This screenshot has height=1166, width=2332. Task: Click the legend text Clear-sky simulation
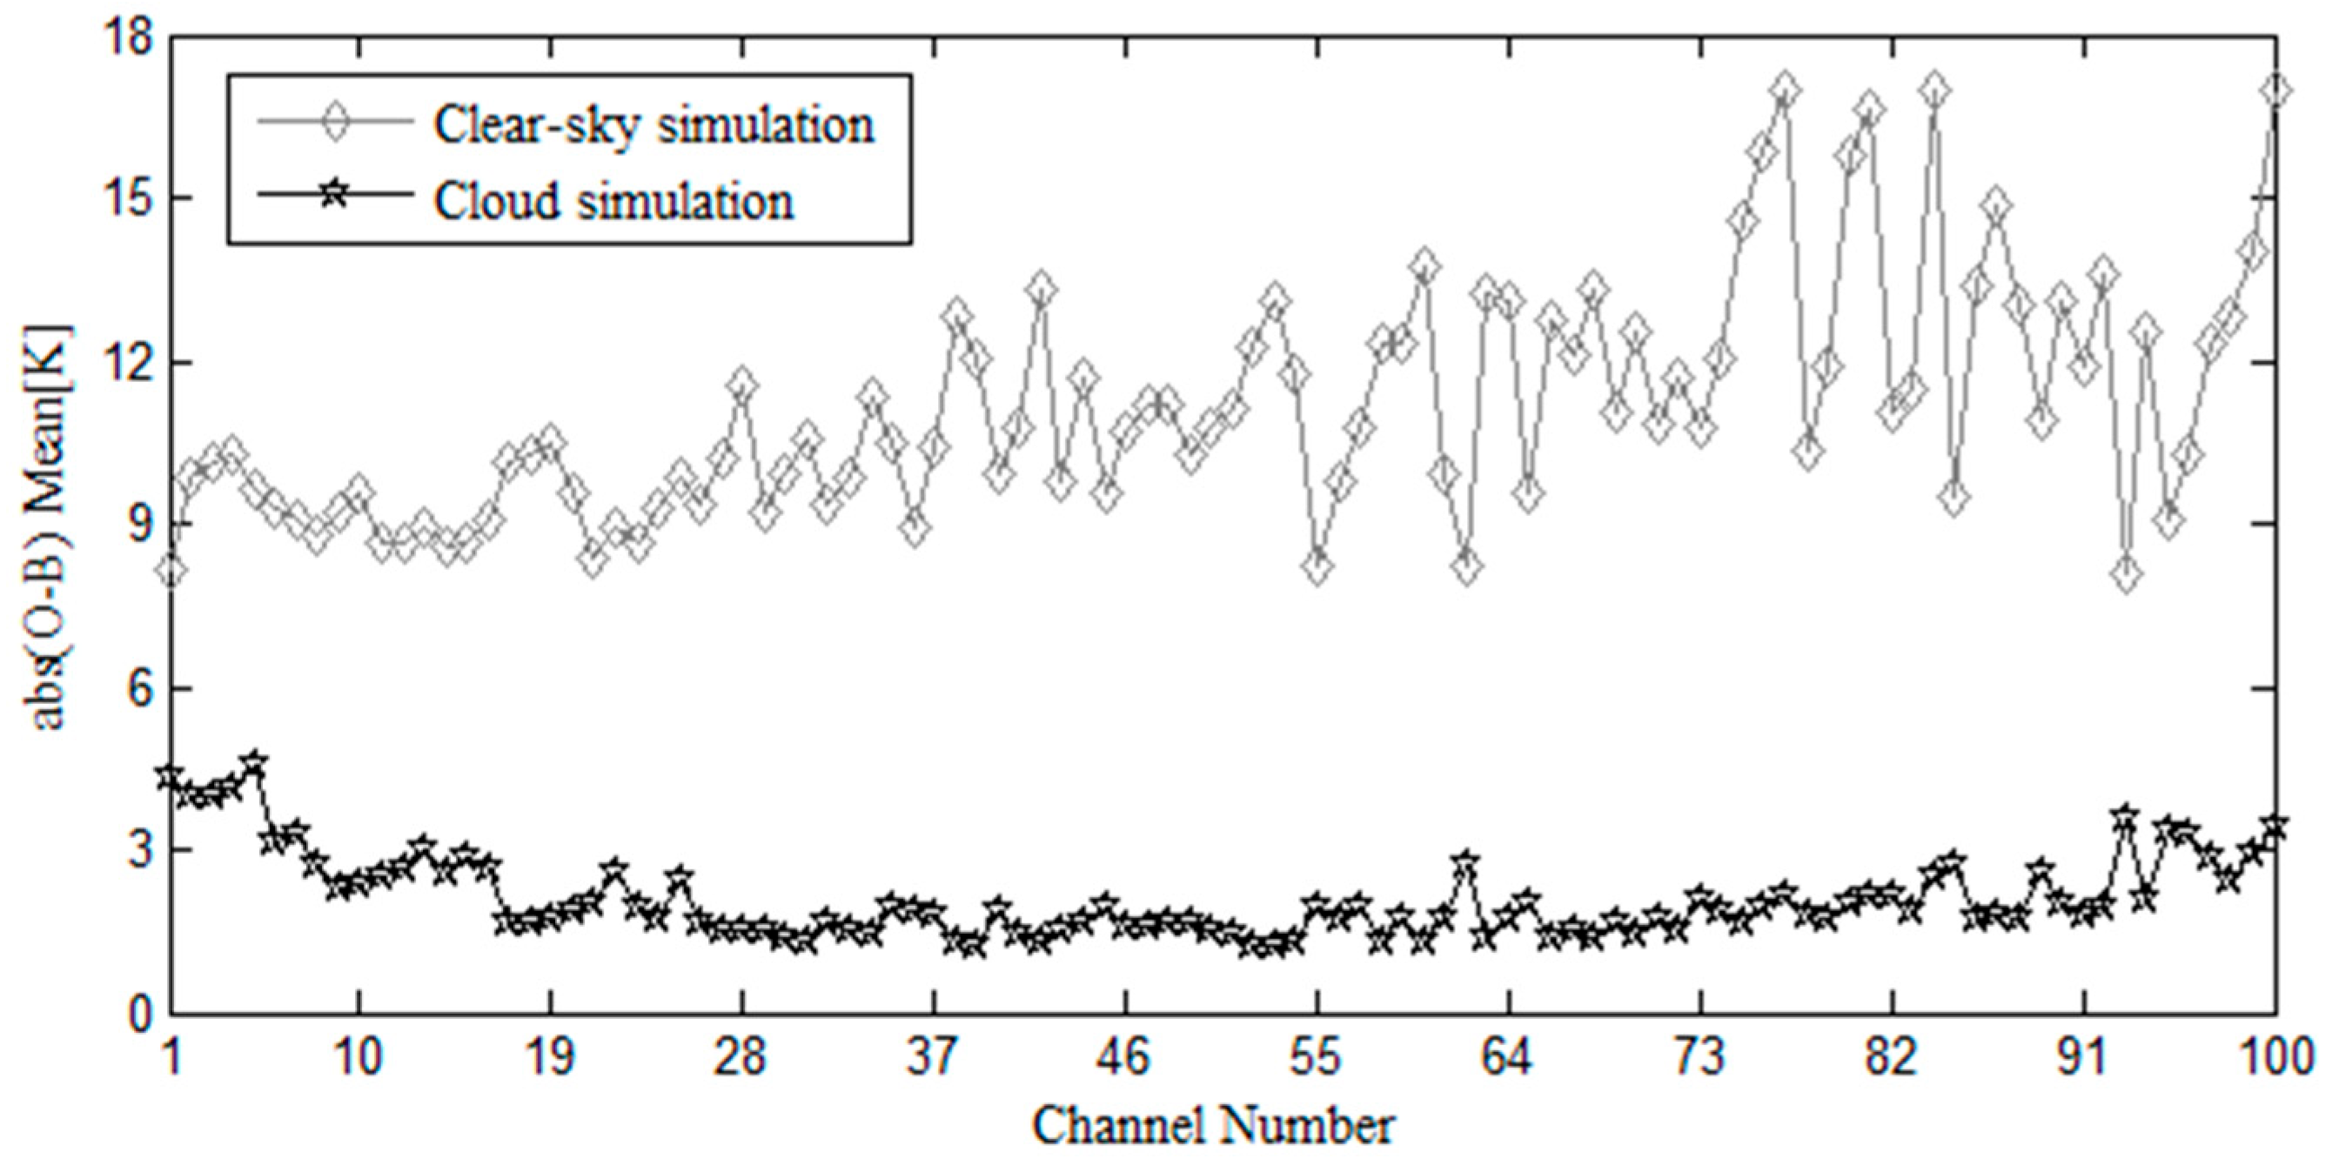(653, 124)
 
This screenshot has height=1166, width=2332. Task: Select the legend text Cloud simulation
(613, 200)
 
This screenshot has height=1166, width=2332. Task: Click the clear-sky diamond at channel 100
(2275, 90)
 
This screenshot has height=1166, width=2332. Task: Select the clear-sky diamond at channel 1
(173, 570)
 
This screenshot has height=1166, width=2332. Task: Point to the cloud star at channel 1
(171, 776)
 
